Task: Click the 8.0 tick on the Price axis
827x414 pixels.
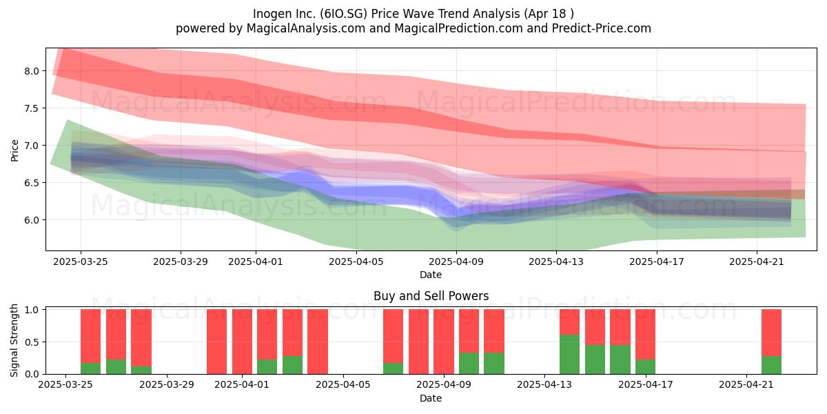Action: pos(32,71)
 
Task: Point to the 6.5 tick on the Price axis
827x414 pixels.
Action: pos(32,183)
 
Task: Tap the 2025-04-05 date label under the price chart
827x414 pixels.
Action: pos(356,262)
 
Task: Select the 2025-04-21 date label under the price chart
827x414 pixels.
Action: pos(757,262)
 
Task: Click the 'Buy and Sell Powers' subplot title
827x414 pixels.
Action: pos(431,296)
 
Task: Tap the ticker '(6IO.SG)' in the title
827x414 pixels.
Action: pos(343,14)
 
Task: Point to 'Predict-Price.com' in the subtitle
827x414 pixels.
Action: pos(602,28)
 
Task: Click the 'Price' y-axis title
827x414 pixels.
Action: pos(14,150)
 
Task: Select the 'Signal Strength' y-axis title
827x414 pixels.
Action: pos(14,340)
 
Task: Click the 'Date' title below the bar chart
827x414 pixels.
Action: pos(431,398)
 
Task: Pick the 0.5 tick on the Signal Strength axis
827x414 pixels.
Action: pos(32,342)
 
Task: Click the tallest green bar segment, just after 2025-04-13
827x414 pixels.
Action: pos(569,354)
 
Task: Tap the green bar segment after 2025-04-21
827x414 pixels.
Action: pos(771,365)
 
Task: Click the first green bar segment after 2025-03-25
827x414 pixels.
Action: pos(90,368)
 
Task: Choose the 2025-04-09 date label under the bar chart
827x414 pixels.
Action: pos(444,385)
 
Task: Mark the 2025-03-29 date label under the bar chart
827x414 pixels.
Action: pos(167,385)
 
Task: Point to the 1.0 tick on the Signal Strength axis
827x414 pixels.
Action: pos(32,310)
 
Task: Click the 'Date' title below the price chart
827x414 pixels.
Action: pos(431,275)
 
